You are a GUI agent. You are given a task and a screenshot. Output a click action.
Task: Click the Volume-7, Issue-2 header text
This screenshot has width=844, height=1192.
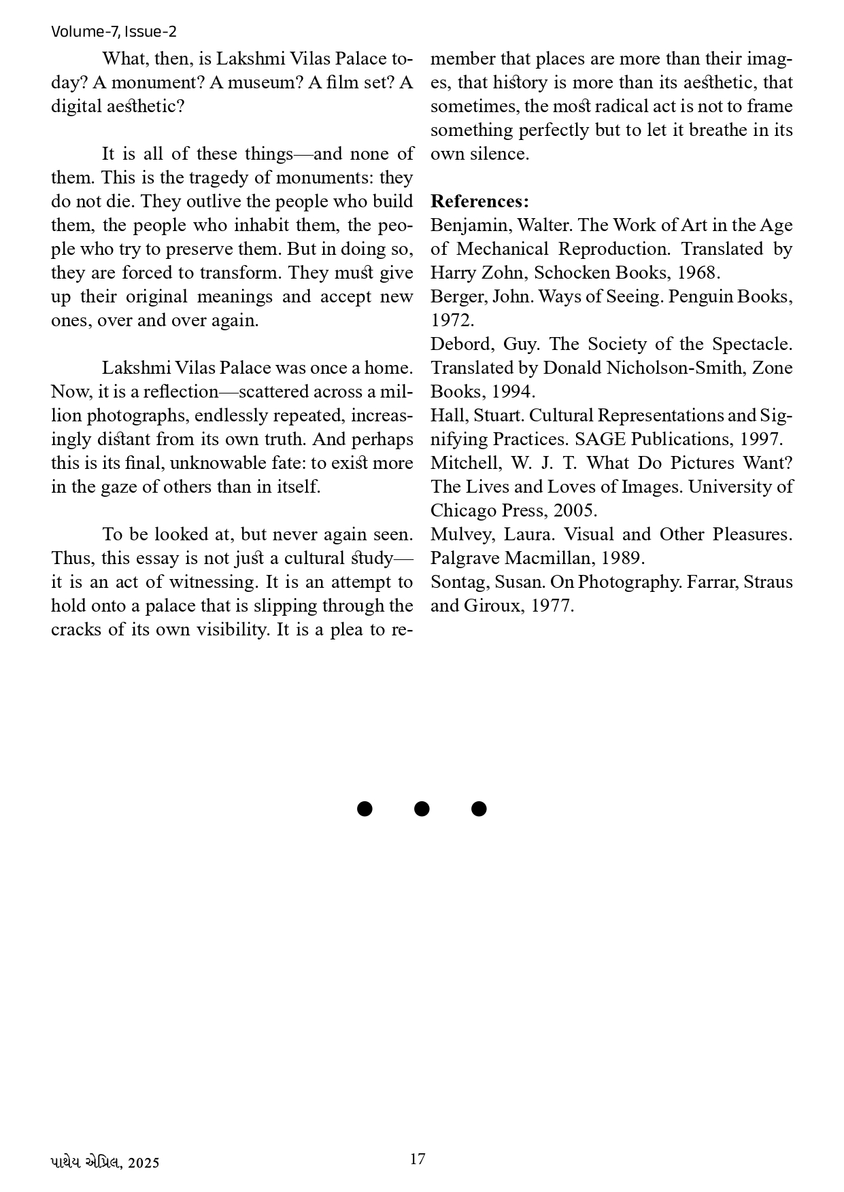pos(114,31)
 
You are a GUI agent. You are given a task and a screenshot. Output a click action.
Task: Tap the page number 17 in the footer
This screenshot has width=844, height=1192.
pos(418,1159)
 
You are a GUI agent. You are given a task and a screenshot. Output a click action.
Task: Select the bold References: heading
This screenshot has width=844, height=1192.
pos(479,201)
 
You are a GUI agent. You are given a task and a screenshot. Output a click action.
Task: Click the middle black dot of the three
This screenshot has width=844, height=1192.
pos(422,808)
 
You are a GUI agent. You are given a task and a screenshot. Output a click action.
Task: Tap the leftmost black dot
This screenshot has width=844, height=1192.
pos(365,808)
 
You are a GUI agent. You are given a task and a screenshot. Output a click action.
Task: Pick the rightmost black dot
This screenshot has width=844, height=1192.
pos(479,808)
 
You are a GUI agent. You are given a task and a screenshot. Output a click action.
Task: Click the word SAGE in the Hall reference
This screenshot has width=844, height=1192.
pos(600,439)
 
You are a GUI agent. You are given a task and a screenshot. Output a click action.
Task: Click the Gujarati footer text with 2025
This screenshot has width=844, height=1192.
pos(105,1162)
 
